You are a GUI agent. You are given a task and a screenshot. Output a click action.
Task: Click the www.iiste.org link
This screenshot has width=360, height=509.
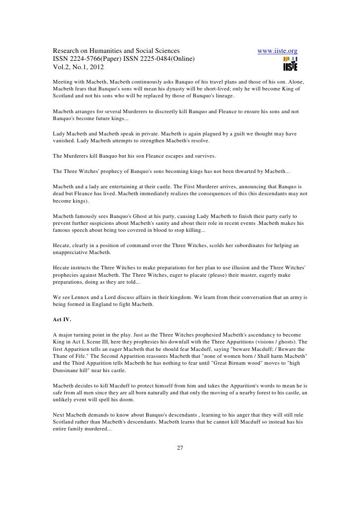pyautogui.click(x=277, y=51)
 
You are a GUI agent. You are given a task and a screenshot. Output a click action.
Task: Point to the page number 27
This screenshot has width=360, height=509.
pyautogui.click(x=180, y=448)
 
